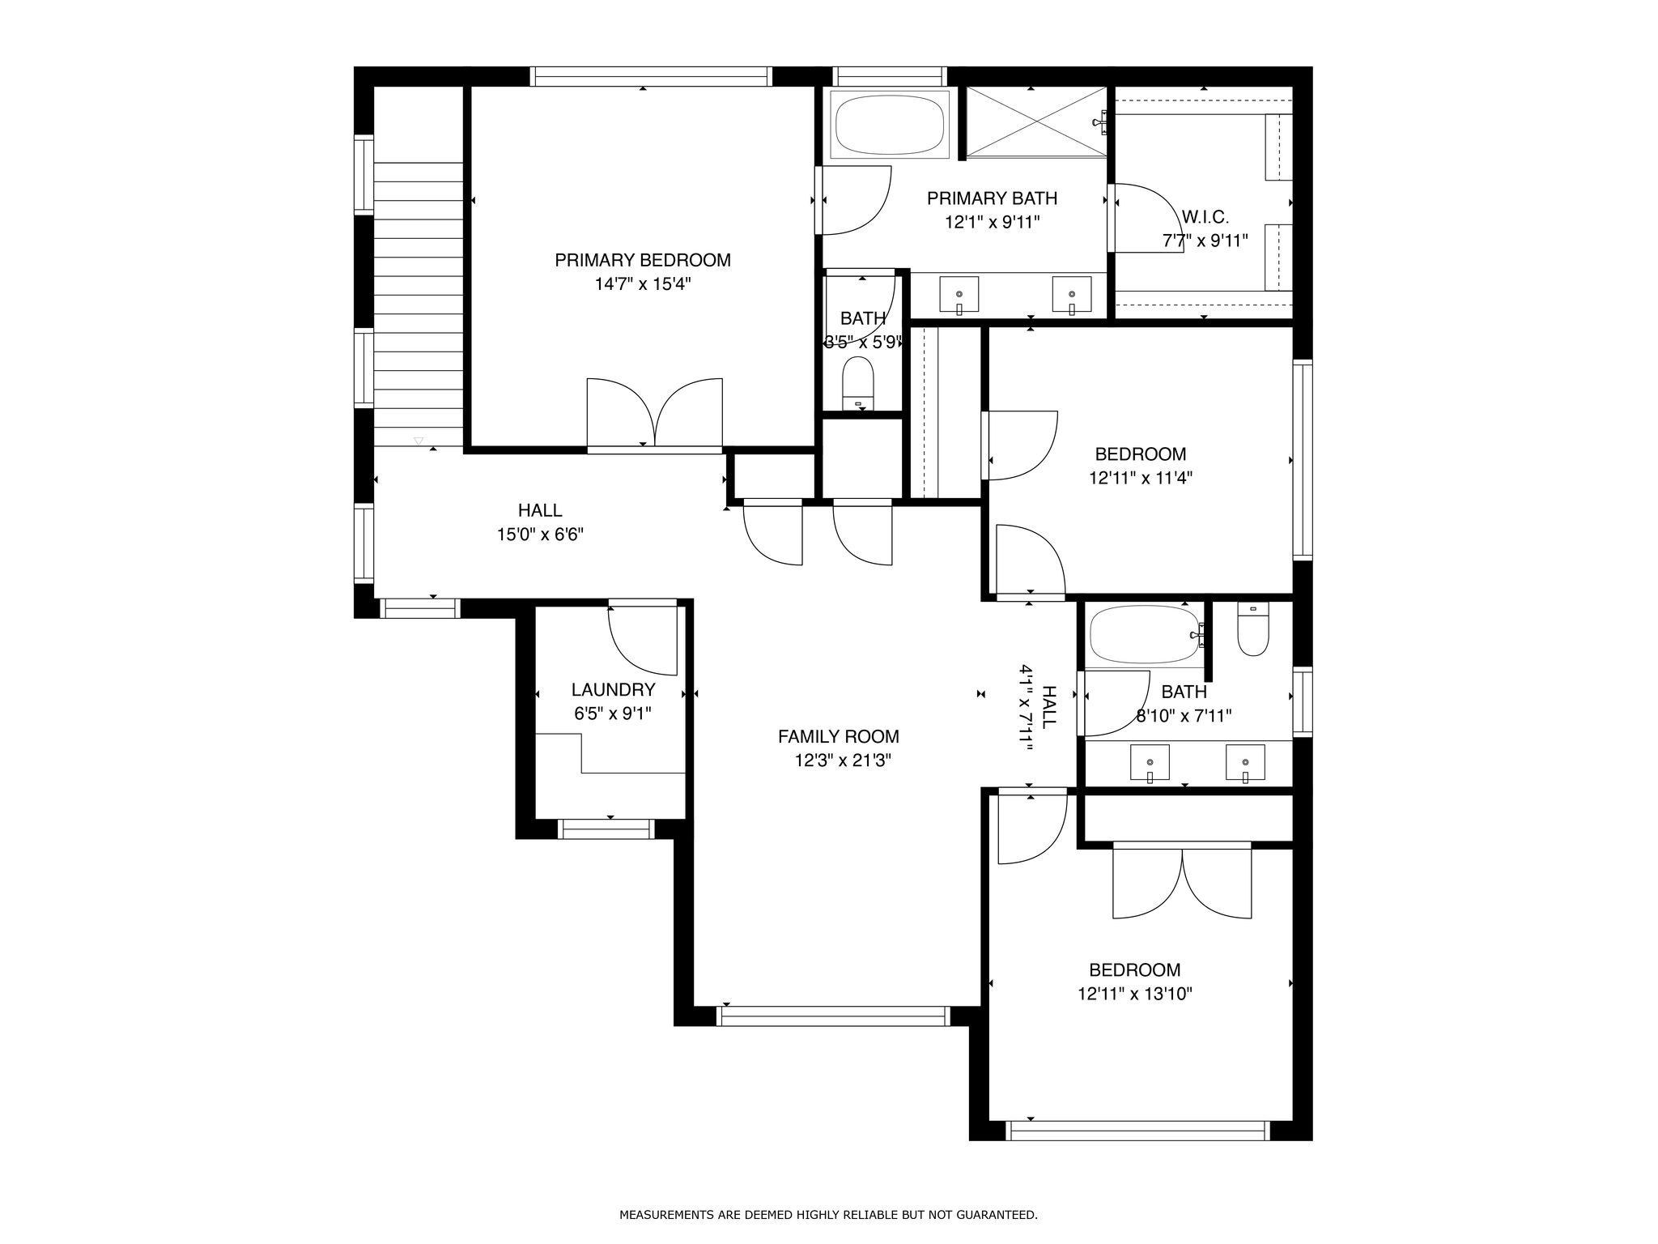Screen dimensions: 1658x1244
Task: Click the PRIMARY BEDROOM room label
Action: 643,260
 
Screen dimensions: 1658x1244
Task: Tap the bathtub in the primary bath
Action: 891,126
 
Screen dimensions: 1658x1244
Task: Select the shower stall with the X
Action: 1036,121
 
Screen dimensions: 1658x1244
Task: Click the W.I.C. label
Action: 1205,217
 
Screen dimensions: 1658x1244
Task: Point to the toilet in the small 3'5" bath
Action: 859,385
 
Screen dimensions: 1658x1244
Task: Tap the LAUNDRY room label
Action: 613,690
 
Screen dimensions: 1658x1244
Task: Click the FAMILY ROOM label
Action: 839,737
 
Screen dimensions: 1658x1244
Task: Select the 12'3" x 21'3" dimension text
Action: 843,760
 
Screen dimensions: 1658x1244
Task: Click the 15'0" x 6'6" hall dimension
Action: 540,535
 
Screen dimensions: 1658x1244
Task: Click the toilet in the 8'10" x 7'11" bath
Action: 1253,630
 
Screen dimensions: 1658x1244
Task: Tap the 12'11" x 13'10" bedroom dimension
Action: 1135,994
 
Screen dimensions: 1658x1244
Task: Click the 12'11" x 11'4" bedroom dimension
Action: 1141,478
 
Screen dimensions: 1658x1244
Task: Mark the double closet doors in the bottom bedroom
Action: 1182,883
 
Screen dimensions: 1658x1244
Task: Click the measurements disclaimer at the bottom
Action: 828,1215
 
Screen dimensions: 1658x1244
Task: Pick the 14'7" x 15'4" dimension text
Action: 643,284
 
